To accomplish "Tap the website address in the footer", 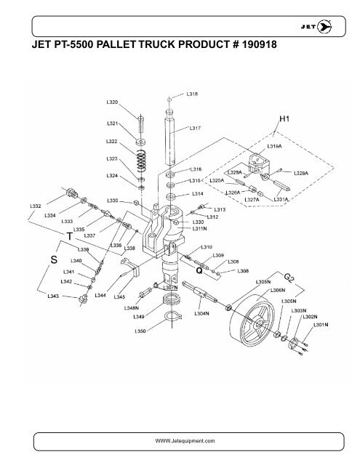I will coord(179,440).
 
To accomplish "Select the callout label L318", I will coord(193,94).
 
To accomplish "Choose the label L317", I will coord(195,128).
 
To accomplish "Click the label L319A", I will coord(275,146).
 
